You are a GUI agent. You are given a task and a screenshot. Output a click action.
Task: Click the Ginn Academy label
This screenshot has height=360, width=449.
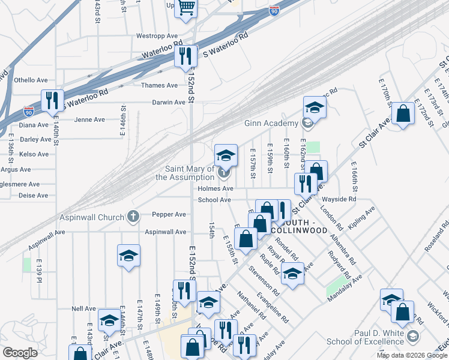click(x=271, y=124)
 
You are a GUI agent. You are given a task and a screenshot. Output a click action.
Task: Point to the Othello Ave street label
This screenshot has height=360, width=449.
click(x=31, y=80)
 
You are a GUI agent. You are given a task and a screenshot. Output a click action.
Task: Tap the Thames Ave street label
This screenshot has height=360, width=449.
click(x=160, y=85)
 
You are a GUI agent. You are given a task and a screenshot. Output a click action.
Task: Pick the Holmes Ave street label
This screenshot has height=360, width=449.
click(x=215, y=188)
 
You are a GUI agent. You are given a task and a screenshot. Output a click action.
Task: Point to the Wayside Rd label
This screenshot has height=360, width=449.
click(x=340, y=199)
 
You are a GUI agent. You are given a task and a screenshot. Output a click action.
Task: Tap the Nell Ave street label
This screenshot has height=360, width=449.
click(x=83, y=308)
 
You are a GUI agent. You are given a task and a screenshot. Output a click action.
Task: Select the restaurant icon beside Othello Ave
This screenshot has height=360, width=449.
click(x=52, y=100)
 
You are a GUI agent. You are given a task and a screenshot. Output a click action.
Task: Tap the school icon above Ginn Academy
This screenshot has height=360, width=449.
click(x=314, y=107)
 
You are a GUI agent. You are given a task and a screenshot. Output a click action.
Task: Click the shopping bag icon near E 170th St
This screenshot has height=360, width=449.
click(x=403, y=112)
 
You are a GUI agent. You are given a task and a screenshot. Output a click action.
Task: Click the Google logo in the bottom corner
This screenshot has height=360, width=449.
click(x=20, y=353)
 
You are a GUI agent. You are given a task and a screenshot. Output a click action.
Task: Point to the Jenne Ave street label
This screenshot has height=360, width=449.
click(x=89, y=119)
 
